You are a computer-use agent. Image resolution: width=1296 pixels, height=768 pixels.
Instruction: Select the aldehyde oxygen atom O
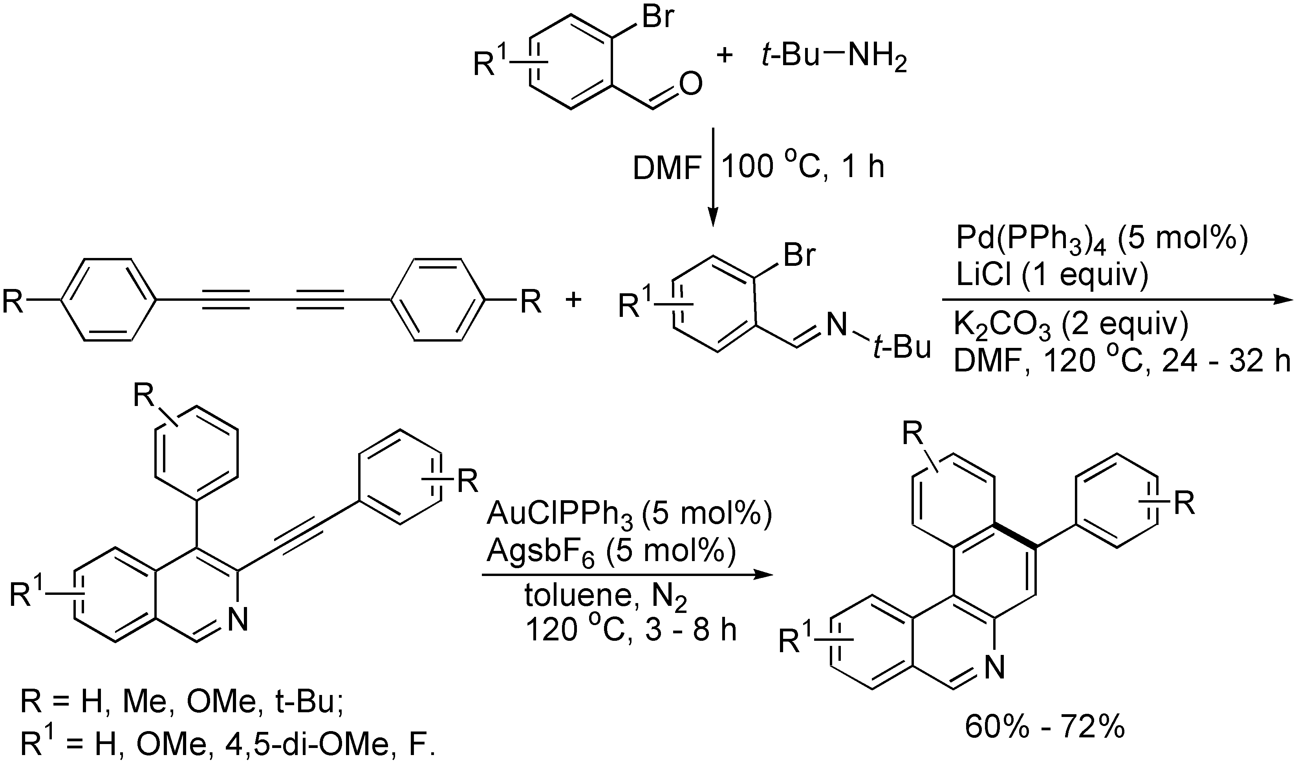point(691,84)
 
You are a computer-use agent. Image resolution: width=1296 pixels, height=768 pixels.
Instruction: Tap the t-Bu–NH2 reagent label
point(834,55)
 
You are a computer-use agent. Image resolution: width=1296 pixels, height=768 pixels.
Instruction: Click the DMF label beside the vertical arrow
point(666,169)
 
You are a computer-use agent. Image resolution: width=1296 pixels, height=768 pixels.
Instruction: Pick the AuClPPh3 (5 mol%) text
point(629,517)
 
